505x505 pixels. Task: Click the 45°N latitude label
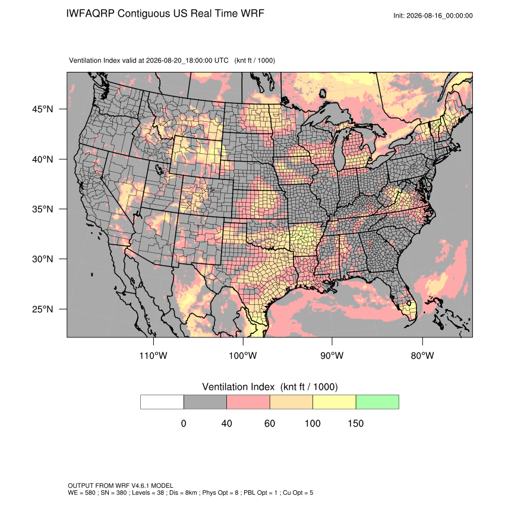tap(43, 109)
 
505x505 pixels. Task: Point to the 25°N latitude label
tap(43, 309)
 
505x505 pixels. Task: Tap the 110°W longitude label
tap(153, 355)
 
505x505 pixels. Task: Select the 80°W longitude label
tap(422, 355)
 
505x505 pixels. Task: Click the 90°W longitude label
tap(332, 355)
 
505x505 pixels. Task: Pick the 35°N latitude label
tap(43, 209)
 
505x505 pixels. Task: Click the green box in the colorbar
tap(377, 402)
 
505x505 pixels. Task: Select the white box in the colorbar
tap(162, 402)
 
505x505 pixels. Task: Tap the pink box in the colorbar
tap(248, 402)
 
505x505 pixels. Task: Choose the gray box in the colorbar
tap(205, 402)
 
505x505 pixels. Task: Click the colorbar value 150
tap(355, 423)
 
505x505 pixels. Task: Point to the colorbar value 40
tap(226, 423)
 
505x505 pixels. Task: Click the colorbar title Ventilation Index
tap(238, 387)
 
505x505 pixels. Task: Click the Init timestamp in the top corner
tap(433, 15)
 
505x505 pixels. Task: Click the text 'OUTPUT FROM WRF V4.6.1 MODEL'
tap(121, 485)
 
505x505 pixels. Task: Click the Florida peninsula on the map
tap(403, 298)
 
